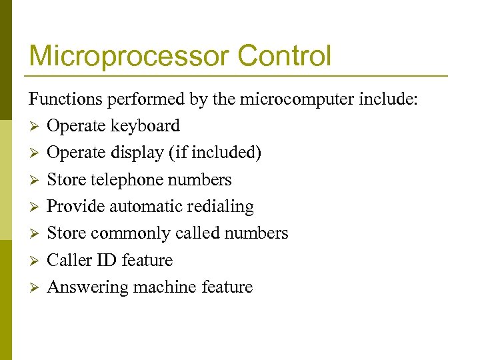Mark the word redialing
point(221,207)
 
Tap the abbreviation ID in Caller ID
point(107,260)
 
